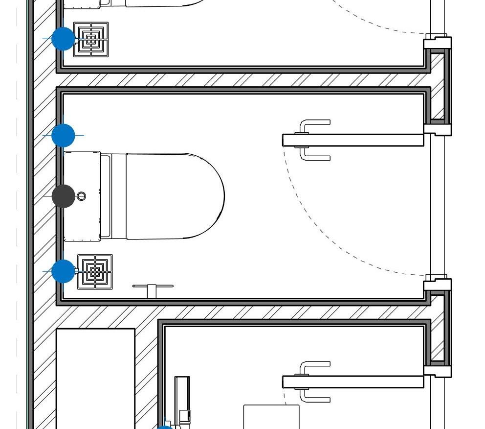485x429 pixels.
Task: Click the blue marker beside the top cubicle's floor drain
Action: [63, 39]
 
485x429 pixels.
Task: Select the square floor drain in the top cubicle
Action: [91, 39]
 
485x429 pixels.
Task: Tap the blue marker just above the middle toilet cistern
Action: [63, 135]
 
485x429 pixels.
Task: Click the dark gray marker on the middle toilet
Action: [63, 196]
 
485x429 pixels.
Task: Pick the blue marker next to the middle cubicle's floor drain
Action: [63, 271]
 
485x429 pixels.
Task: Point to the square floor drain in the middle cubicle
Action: [95, 272]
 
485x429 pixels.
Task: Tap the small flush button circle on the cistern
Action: [82, 196]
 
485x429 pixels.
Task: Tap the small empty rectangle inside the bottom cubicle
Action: [271, 416]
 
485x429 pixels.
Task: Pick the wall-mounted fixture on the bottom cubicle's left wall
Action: [182, 399]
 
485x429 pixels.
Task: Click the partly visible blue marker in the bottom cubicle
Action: [165, 427]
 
